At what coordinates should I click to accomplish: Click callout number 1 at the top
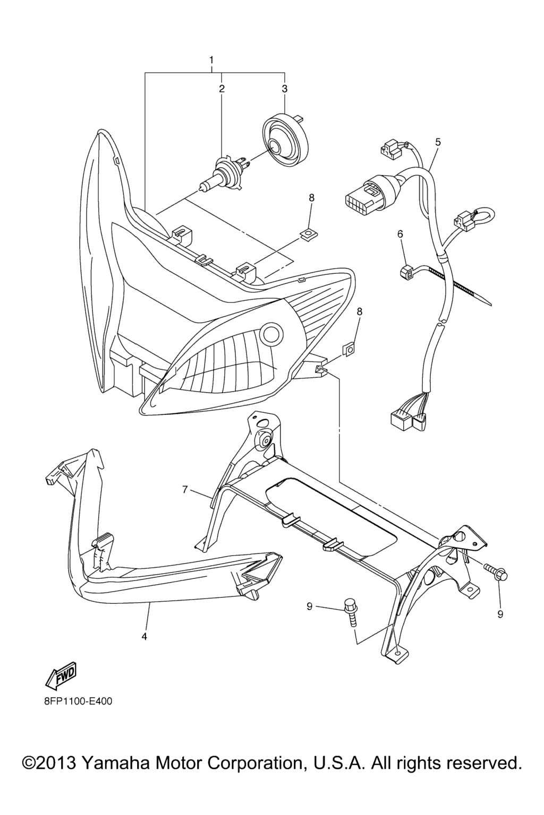211,59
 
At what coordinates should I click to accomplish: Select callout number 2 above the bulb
222,89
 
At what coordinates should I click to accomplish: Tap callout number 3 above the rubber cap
285,89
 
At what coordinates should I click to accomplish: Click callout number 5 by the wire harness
438,142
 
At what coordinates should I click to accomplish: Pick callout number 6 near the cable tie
400,234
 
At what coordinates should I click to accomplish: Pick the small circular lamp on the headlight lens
273,334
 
